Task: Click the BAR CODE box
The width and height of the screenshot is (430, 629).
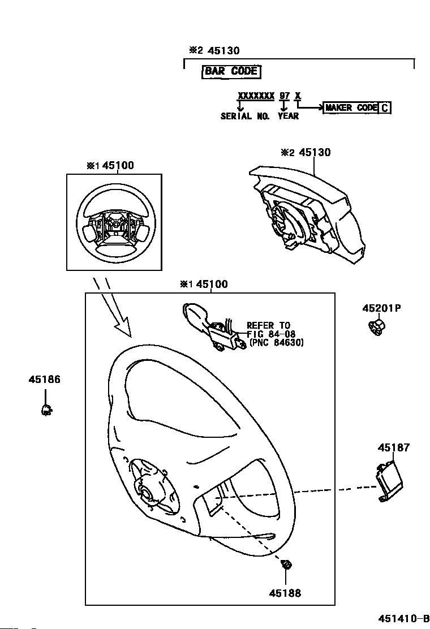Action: tap(231, 71)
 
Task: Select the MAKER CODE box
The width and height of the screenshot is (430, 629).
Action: tap(350, 107)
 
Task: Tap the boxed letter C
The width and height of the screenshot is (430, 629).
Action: tap(384, 107)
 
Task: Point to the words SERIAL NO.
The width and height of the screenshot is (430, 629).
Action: tap(245, 116)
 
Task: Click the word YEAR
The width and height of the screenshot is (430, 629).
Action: tap(288, 116)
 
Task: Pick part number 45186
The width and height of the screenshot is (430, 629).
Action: tap(45, 380)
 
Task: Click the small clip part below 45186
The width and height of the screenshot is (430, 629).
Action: tap(46, 410)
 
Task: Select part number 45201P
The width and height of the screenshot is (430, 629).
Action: tap(382, 308)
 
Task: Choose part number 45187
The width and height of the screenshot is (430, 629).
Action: tap(394, 447)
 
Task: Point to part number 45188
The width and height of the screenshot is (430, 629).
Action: tap(285, 593)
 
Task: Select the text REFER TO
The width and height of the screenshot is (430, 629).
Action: tap(268, 325)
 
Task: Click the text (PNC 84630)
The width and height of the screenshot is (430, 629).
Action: tap(276, 343)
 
